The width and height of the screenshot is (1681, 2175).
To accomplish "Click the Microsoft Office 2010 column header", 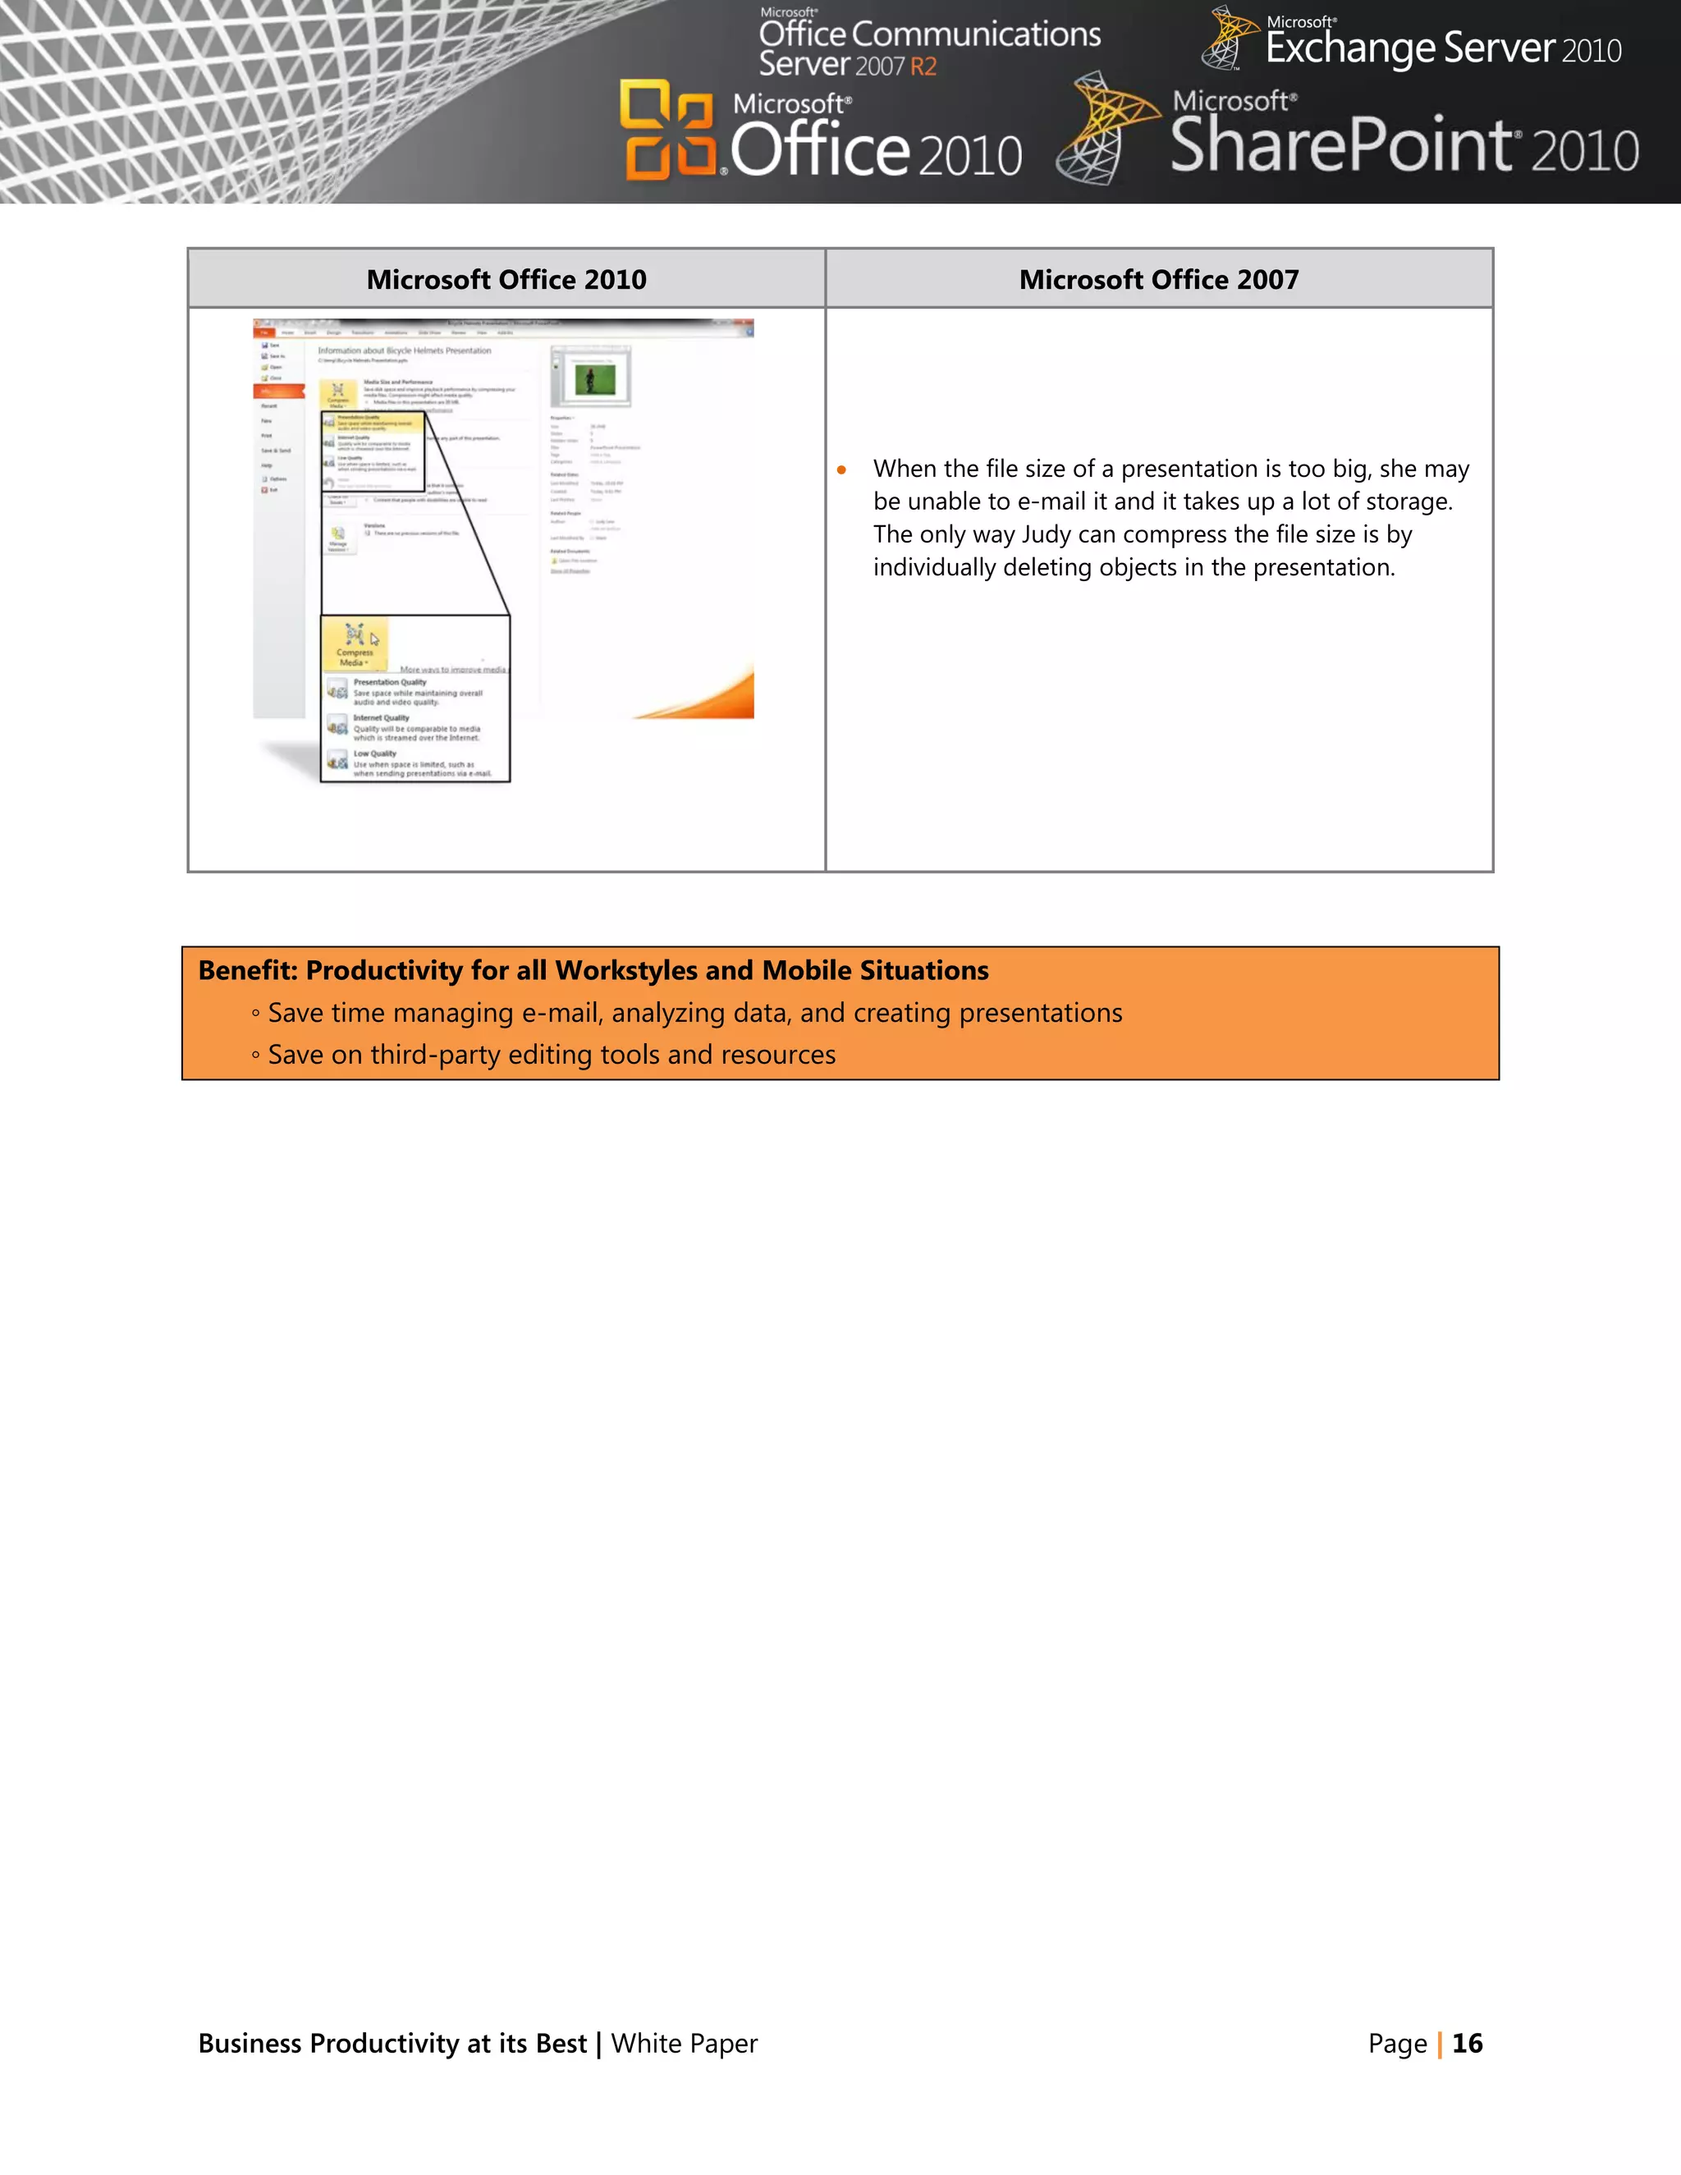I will tap(506, 280).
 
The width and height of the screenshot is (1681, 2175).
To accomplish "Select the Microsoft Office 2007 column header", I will tap(1158, 280).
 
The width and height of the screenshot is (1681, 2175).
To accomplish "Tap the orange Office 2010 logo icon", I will tap(667, 130).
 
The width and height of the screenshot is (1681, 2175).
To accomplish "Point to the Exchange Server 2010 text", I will tap(1442, 48).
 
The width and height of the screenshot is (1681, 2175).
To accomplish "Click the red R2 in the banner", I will tap(923, 66).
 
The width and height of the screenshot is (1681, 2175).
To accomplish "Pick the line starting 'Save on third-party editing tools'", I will tap(551, 1055).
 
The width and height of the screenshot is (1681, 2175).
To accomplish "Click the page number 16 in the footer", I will tap(1467, 2044).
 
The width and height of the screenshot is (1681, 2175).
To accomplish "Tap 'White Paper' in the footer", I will tap(685, 2044).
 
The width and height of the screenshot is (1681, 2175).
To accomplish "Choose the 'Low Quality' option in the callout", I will tap(375, 754).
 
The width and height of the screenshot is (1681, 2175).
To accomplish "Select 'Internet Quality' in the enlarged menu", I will tap(382, 718).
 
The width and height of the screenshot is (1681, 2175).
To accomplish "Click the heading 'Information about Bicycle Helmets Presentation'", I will tap(405, 350).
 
